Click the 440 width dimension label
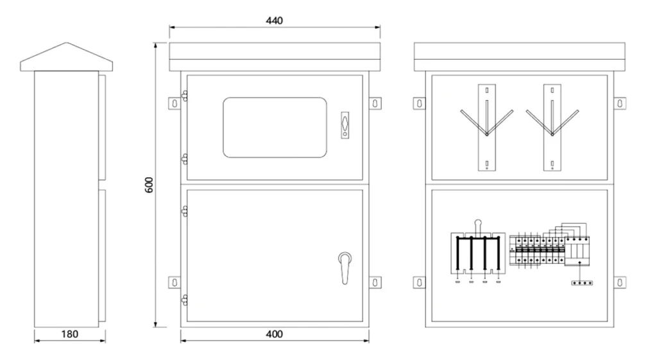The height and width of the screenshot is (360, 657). coord(275,21)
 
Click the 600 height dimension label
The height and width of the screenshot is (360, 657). coord(149,185)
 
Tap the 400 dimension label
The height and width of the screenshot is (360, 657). coord(275,334)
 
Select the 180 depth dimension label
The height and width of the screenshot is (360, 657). coord(69,334)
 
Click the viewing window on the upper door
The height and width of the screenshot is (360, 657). coord(275,128)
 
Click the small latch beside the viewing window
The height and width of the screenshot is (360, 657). coord(345,125)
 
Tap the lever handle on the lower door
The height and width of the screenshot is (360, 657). coord(345,268)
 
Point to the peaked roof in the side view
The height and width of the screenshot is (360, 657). coord(67,56)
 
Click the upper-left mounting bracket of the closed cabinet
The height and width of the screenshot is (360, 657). coord(175,103)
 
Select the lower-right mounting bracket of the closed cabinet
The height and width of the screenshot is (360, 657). coord(375,282)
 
